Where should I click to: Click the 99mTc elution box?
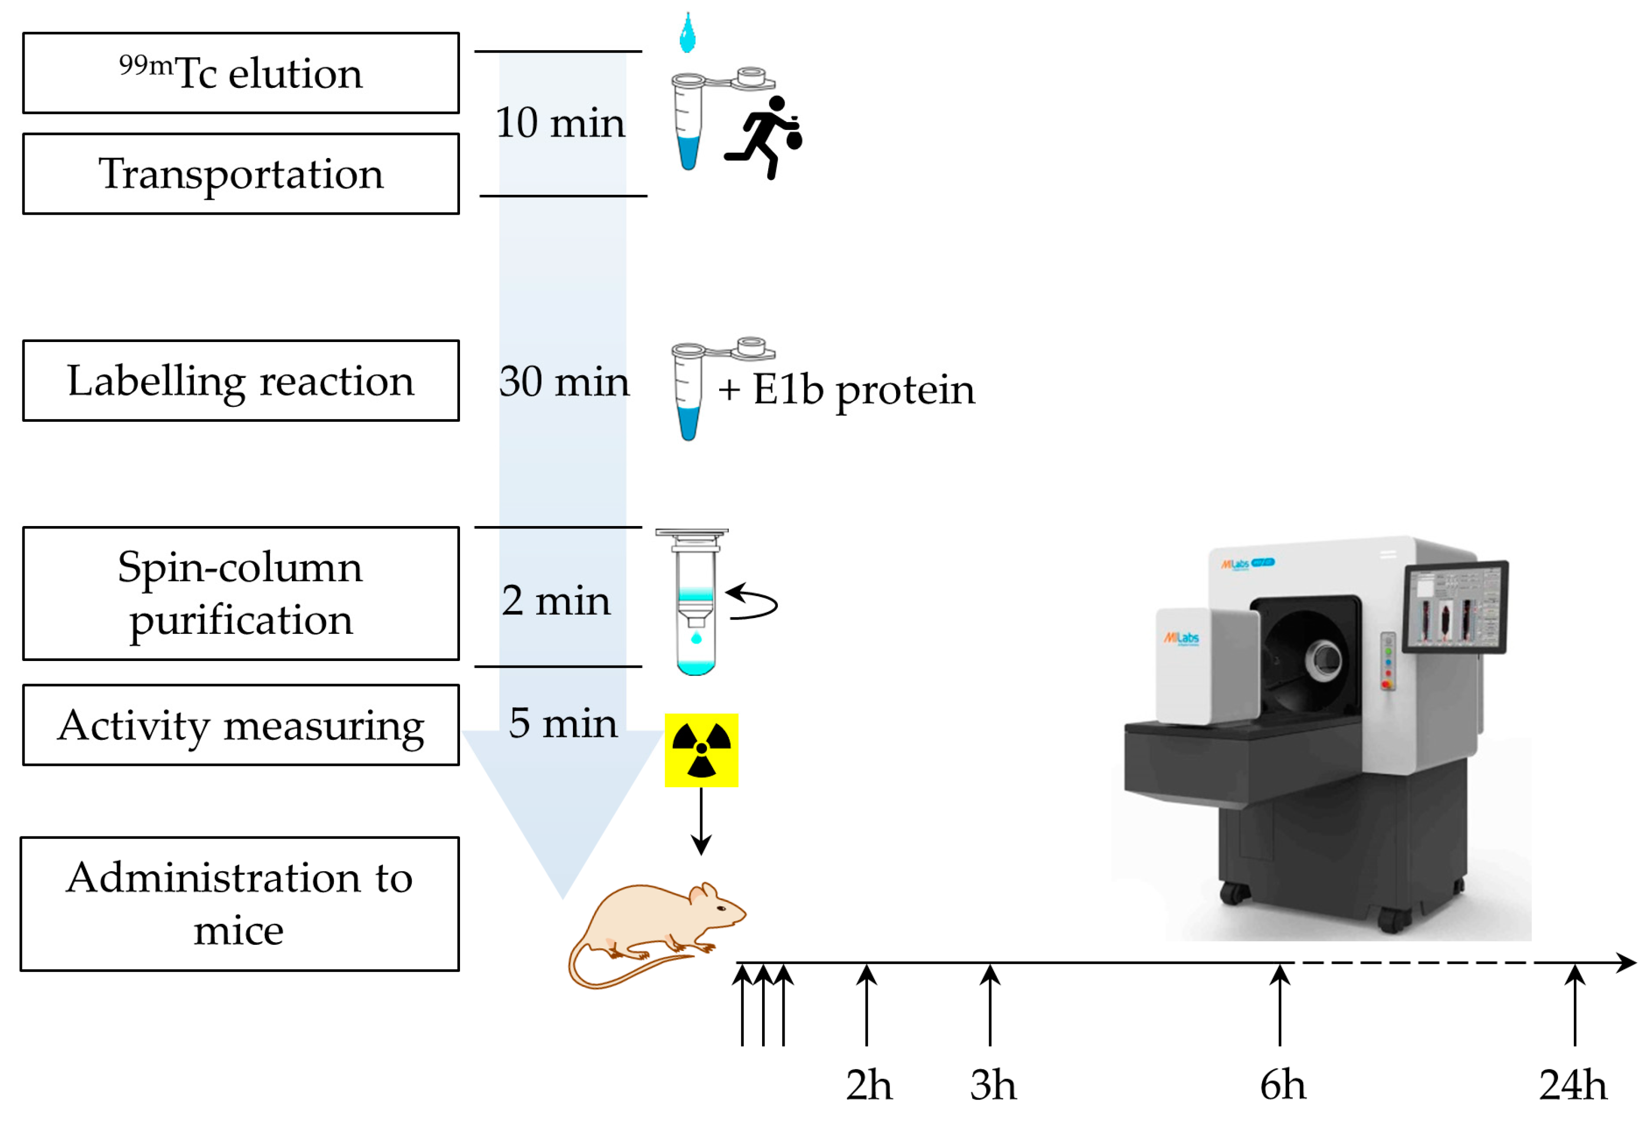[x=240, y=73]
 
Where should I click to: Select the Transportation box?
[x=240, y=174]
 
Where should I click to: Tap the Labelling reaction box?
[x=240, y=381]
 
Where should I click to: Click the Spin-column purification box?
[x=240, y=593]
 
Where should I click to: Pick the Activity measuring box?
[x=240, y=725]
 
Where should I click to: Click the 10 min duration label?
[x=560, y=123]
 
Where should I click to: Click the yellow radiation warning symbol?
[x=701, y=750]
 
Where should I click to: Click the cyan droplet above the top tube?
[x=687, y=34]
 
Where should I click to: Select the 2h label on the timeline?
[x=868, y=1085]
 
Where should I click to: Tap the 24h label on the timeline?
[x=1573, y=1085]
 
